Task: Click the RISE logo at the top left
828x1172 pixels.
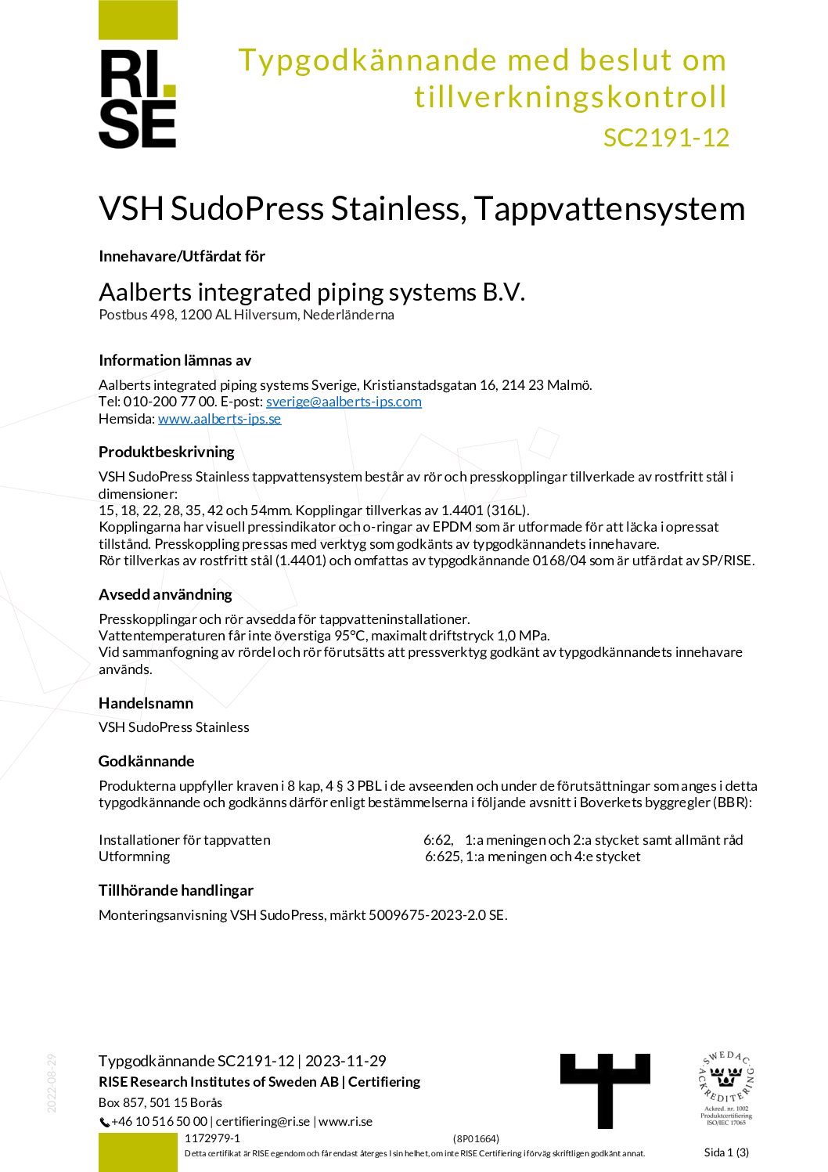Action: [138, 98]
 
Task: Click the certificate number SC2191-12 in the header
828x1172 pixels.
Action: [666, 138]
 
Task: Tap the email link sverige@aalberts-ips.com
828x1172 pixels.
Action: [344, 402]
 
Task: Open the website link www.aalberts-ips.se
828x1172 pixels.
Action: [219, 419]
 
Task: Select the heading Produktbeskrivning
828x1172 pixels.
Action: [166, 452]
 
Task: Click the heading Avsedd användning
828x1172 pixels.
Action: [165, 594]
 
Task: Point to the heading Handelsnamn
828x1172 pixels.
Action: [146, 703]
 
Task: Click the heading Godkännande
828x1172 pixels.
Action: [146, 761]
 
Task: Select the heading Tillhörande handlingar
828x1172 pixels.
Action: [176, 890]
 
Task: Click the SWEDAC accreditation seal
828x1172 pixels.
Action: [725, 1088]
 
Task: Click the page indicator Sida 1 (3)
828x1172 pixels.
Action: [726, 1152]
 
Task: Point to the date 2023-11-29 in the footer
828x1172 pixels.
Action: [346, 1061]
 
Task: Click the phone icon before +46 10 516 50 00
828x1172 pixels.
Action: [104, 1123]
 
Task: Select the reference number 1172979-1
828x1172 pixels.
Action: [212, 1138]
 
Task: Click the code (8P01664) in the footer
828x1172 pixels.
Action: [476, 1138]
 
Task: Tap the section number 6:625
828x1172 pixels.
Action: [443, 856]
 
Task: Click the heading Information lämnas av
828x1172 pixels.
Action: [175, 360]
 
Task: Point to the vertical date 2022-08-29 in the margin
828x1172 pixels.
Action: [52, 1083]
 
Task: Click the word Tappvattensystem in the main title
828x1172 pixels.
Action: [609, 208]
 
